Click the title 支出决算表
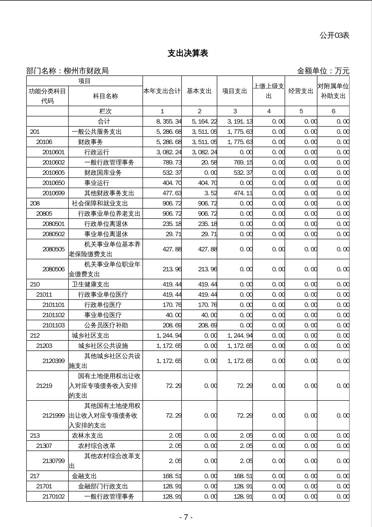coord(188,53)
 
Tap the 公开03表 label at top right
coord(334,35)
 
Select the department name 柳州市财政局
coord(86,71)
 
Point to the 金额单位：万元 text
coord(323,71)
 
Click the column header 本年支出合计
coord(162,91)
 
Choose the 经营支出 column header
coord(301,91)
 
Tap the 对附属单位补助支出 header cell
coord(333,91)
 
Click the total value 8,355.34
coord(169,121)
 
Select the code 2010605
coord(53,173)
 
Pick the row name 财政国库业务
coord(103,173)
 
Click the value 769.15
coord(243,162)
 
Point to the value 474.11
coord(243,193)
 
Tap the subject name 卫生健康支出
coord(90,284)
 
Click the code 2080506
coord(53,269)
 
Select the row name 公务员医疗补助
coord(106,325)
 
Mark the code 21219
coord(44,385)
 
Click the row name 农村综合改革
coord(97,446)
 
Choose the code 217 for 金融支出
coord(35,476)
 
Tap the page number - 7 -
coord(186,517)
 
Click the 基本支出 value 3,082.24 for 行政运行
coord(204,152)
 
